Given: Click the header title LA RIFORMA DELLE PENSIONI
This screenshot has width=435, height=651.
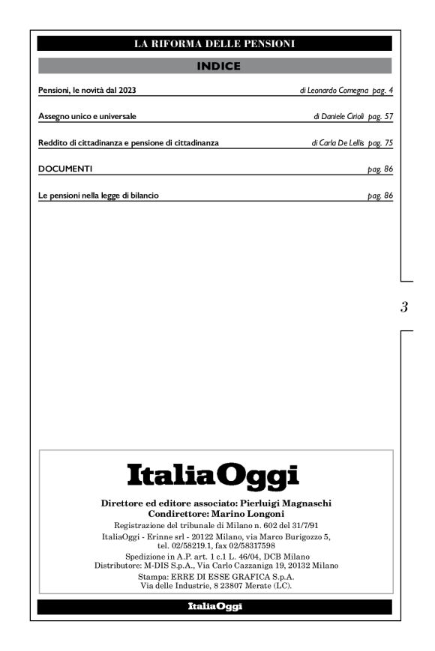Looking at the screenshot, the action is click(x=214, y=43).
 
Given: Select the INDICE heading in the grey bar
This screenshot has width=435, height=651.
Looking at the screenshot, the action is click(x=217, y=67).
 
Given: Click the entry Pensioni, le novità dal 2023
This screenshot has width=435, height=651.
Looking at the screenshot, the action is click(x=86, y=91).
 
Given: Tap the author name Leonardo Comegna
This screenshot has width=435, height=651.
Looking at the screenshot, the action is click(x=327, y=91).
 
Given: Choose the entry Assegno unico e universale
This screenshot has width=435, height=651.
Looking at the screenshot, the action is click(x=86, y=117).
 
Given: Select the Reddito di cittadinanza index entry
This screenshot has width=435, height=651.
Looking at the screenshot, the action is click(x=128, y=143).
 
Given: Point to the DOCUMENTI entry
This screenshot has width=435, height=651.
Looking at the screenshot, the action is click(x=65, y=169).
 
